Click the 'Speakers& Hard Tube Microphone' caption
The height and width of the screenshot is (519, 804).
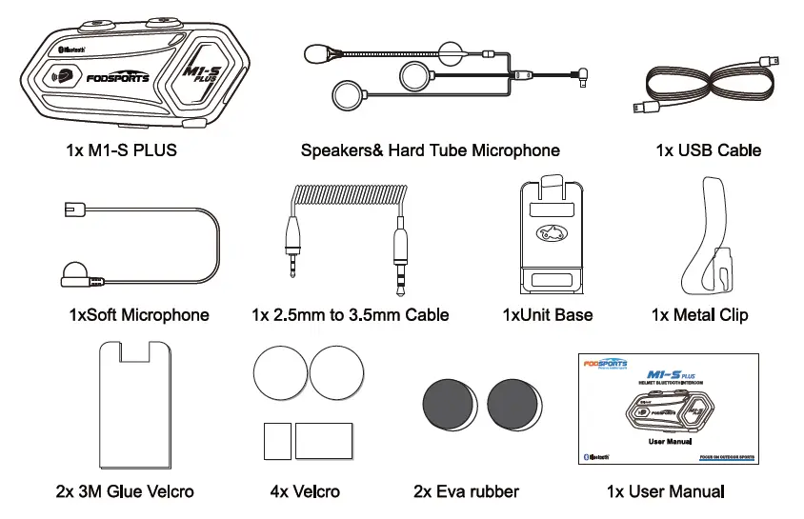point(430,150)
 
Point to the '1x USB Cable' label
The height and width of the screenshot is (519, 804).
point(708,150)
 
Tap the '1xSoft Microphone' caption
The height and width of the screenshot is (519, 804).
point(139,314)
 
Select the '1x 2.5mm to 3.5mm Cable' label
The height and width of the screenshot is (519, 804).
point(350,314)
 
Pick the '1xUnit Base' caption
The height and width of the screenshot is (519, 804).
point(547,314)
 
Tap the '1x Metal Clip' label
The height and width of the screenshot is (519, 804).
point(699,314)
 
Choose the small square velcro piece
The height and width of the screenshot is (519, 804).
point(276,441)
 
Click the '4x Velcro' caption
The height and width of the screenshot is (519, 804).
point(305,491)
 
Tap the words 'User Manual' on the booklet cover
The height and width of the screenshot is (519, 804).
point(668,442)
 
